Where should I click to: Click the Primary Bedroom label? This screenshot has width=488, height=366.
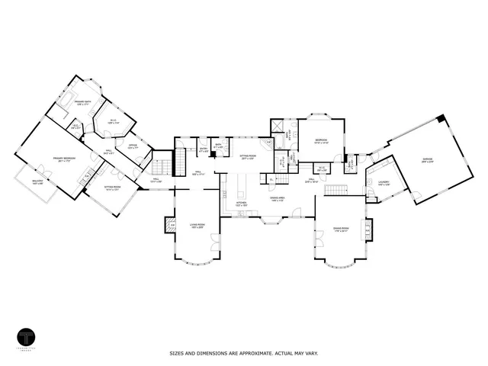coord(63,159)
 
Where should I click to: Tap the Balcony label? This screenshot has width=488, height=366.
coord(37,181)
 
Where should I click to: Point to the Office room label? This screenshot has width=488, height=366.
coord(132,146)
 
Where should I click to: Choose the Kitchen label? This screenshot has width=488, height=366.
coord(239,204)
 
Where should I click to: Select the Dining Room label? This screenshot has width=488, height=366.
coord(340,229)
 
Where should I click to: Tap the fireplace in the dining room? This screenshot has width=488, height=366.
coord(370,228)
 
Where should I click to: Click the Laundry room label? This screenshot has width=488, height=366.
coord(383,182)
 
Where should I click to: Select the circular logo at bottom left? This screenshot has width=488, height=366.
coord(27,338)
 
